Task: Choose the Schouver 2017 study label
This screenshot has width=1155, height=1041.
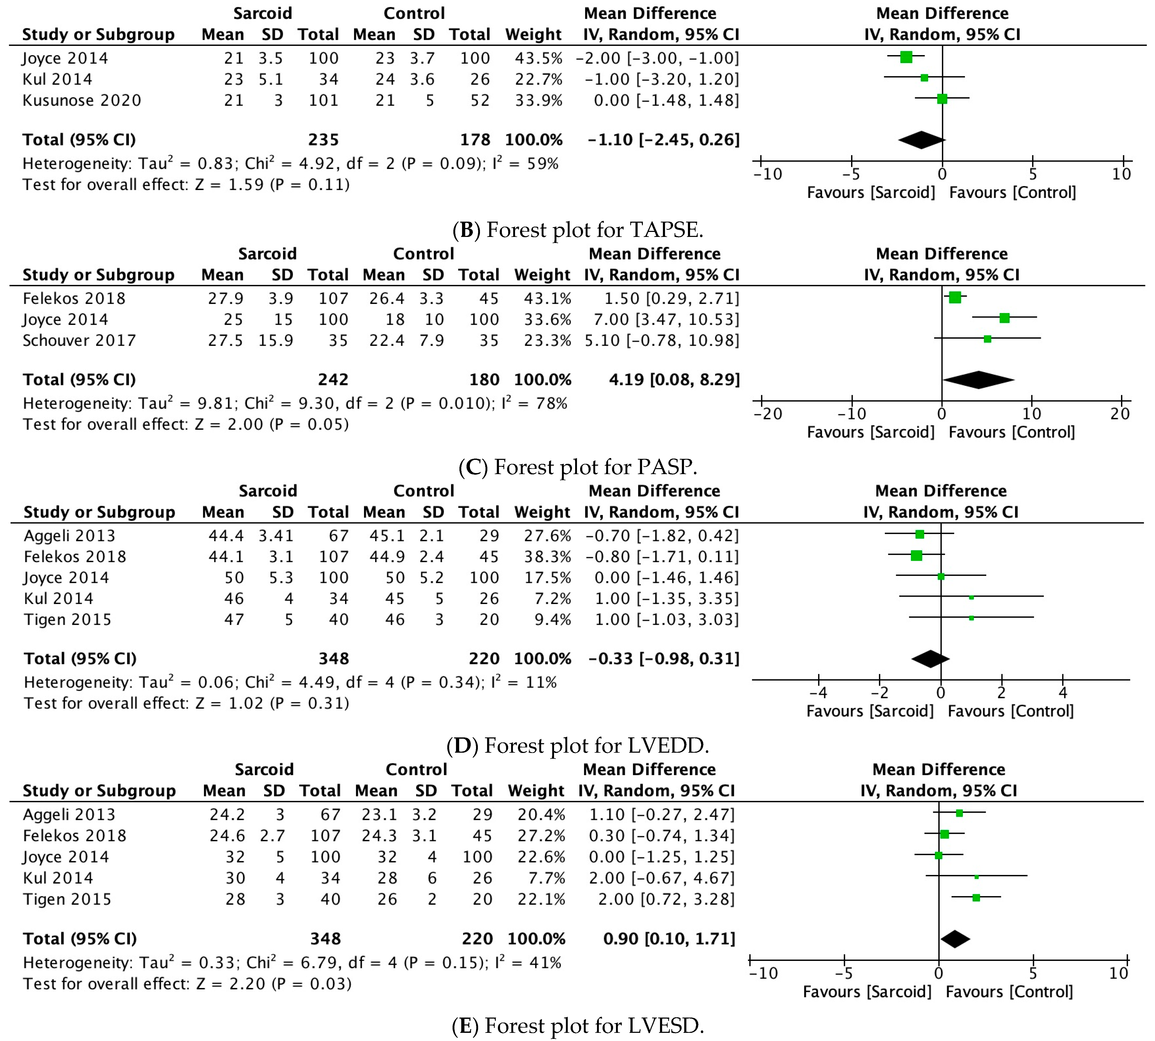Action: [79, 341]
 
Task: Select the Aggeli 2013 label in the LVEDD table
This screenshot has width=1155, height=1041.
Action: [69, 536]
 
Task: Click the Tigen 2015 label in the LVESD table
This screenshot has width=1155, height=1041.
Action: [67, 899]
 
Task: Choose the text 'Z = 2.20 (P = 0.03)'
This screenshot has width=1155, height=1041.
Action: [273, 984]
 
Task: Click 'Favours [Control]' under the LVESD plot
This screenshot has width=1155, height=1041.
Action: [1009, 992]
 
